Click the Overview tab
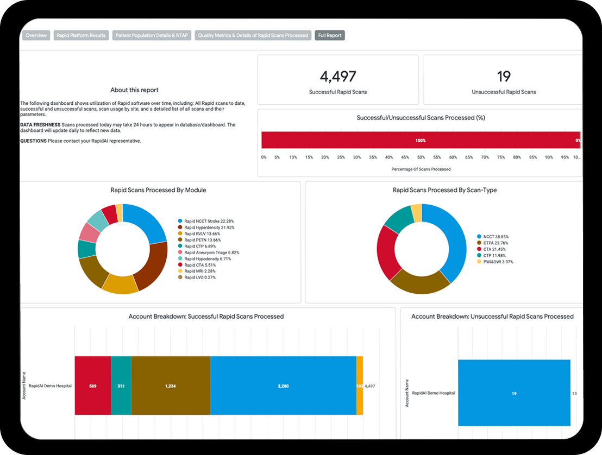point(36,35)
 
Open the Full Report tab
point(330,35)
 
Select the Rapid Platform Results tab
point(81,35)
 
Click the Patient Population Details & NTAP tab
point(152,35)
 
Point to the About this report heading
point(134,90)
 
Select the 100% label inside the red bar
point(421,140)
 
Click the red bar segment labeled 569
point(93,386)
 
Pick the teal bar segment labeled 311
point(121,386)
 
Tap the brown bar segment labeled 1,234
point(171,386)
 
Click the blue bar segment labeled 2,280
point(283,386)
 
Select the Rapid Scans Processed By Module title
point(158,190)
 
